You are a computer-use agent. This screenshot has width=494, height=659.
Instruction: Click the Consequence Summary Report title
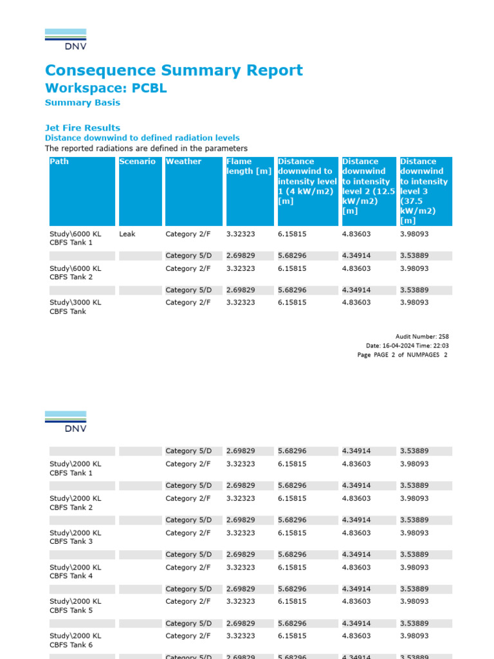[174, 70]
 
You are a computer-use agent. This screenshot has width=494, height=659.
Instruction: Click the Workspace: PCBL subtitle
[105, 88]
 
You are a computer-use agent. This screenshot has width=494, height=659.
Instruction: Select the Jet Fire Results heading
[82, 127]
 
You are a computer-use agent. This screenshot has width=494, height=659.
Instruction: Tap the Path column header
[59, 162]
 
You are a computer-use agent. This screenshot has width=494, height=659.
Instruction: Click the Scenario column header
[137, 162]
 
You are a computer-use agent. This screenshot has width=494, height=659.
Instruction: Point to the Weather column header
[183, 162]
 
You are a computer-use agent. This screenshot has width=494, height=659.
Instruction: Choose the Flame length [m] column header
[248, 166]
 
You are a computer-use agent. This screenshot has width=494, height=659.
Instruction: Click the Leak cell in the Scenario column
[127, 234]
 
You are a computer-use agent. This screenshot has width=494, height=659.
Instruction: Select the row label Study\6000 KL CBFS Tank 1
[75, 238]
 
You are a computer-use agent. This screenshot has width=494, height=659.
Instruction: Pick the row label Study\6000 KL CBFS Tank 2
[75, 273]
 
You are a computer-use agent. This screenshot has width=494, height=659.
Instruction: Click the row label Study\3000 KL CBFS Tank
[75, 306]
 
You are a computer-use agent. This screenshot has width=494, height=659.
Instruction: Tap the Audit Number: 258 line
[422, 336]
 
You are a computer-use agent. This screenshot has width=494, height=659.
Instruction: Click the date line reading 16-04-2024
[407, 346]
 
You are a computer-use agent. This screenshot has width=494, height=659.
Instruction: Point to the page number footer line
[403, 355]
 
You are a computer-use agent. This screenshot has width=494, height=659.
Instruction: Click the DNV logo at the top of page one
[66, 39]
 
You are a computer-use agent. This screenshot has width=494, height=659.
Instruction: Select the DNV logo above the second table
[66, 422]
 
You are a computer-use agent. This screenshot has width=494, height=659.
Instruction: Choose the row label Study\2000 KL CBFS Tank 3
[75, 537]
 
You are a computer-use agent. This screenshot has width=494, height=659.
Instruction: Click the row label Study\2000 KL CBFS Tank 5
[75, 606]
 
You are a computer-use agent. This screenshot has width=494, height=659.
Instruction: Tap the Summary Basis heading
[82, 102]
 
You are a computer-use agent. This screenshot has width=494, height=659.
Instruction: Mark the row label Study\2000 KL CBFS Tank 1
[75, 468]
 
